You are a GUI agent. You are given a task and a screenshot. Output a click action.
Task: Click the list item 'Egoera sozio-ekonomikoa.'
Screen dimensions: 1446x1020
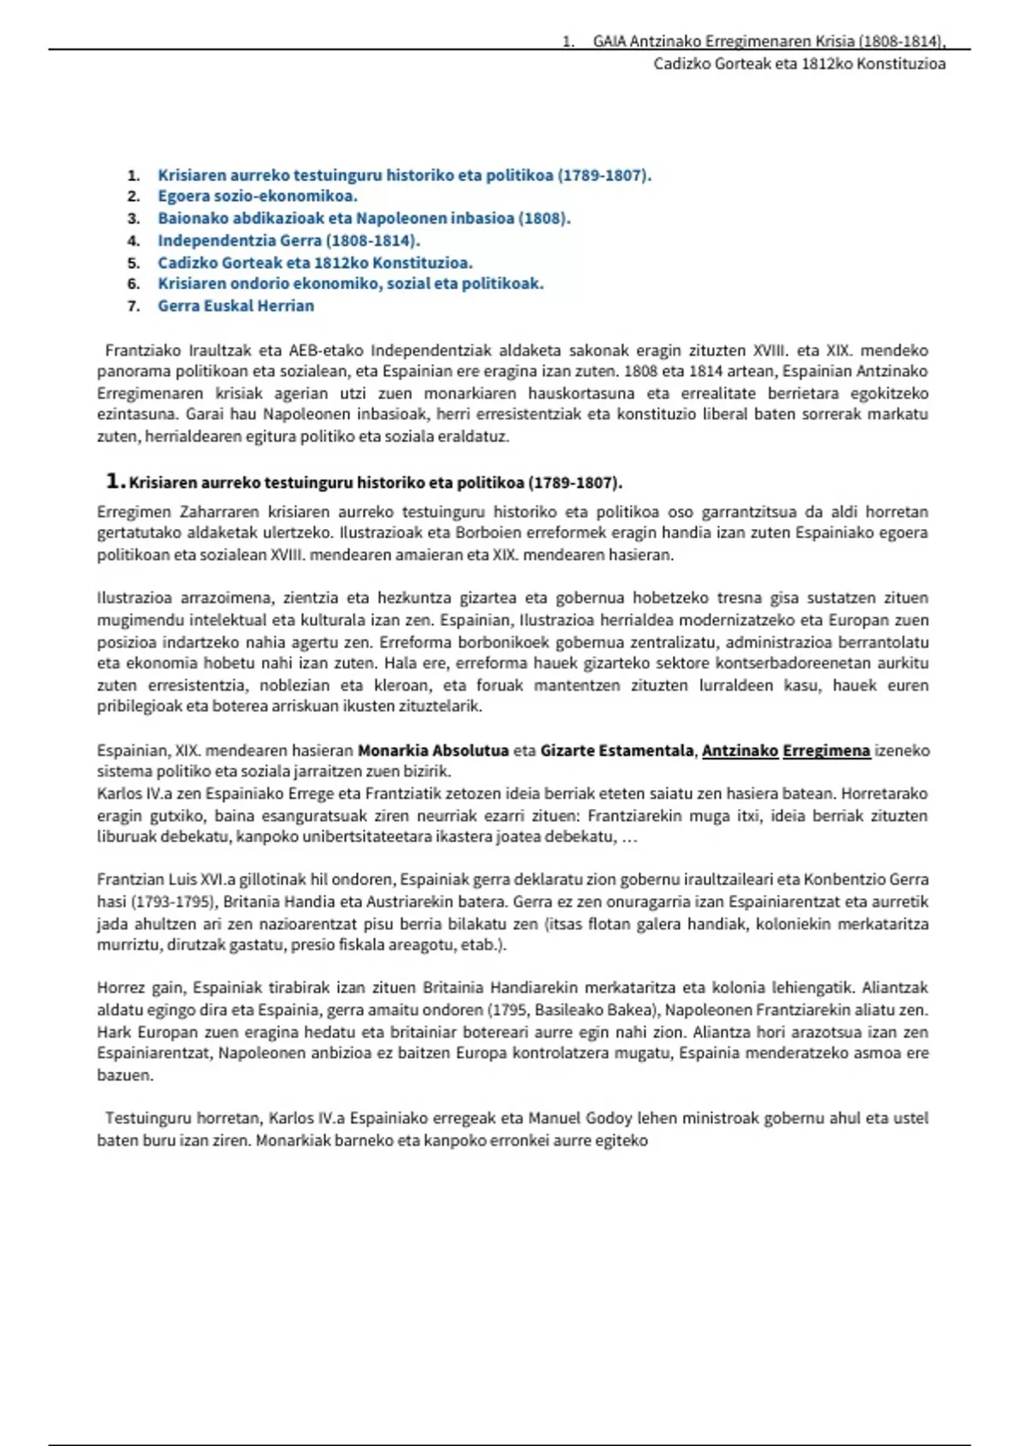point(257,196)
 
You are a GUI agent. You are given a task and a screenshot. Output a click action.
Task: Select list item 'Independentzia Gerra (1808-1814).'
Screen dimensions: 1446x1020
point(288,241)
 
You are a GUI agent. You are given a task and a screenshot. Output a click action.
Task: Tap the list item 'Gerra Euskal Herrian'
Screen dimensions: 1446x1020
point(235,306)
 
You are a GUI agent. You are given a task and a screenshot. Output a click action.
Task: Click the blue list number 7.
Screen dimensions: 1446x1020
point(133,306)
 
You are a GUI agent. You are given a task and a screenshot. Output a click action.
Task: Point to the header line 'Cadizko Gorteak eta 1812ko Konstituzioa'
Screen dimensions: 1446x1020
point(799,64)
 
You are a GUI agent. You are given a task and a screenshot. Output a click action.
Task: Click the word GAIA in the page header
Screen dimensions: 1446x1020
point(609,42)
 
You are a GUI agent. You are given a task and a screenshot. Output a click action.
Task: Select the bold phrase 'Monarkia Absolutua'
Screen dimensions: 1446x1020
point(433,751)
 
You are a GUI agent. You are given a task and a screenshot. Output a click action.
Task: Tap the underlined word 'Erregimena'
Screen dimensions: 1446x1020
point(826,751)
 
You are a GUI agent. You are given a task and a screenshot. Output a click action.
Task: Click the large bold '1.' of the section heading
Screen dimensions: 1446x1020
point(116,481)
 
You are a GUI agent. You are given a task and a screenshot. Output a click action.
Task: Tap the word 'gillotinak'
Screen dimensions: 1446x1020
point(283,880)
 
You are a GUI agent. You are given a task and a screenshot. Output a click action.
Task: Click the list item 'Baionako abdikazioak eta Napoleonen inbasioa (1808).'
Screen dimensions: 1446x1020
point(364,219)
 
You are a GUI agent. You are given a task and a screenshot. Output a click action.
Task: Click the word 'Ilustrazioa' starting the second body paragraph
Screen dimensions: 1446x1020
point(135,598)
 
